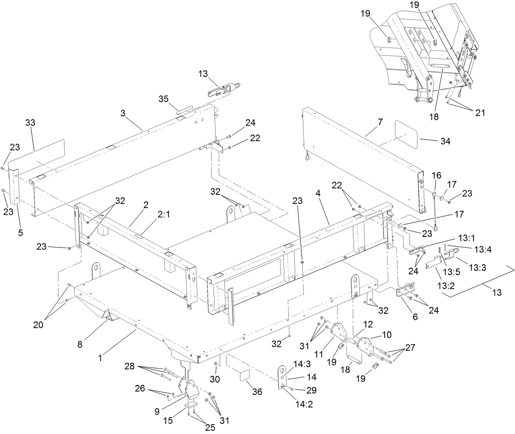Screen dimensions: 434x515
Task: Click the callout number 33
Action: [x=30, y=122]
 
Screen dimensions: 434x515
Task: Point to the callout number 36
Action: [x=257, y=391]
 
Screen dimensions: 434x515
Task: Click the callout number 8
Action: [x=80, y=344]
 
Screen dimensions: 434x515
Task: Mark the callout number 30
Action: [x=215, y=379]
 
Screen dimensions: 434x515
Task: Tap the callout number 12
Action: [x=368, y=324]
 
